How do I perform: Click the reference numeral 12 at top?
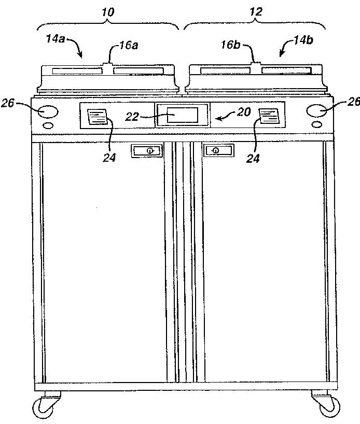pyautogui.click(x=256, y=10)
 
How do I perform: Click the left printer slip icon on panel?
pyautogui.click(x=96, y=117)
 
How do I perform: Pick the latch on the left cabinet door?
pyautogui.click(x=147, y=151)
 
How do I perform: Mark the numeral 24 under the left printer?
pyautogui.click(x=109, y=157)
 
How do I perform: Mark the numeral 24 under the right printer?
pyautogui.click(x=253, y=159)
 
